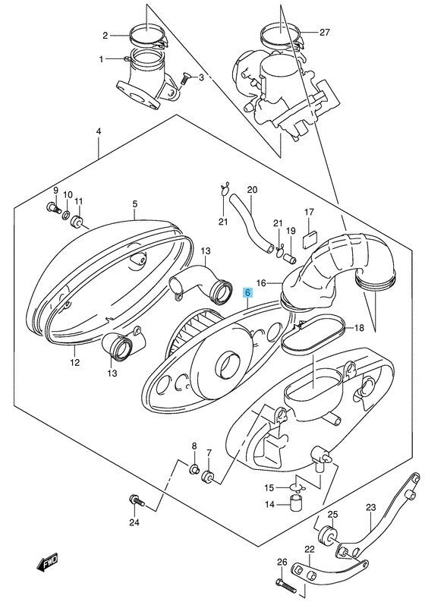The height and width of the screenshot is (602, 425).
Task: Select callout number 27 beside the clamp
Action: click(325, 33)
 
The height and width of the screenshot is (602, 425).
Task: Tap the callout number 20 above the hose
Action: click(231, 190)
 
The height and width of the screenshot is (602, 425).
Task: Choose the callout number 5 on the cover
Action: click(134, 204)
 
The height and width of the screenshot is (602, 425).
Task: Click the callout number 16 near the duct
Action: click(260, 282)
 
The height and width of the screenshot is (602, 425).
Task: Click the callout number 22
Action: click(310, 550)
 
